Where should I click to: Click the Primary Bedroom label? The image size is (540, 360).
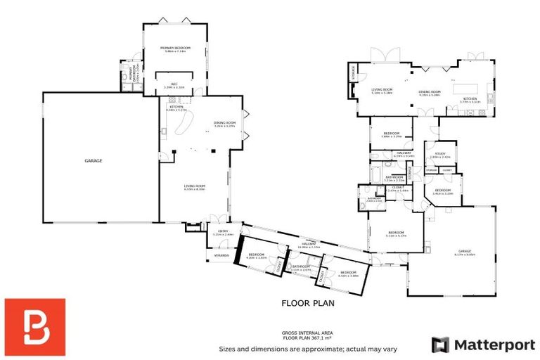(x=175, y=48)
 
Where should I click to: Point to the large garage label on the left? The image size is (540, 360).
(x=94, y=161)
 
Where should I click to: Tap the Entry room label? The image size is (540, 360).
(x=223, y=233)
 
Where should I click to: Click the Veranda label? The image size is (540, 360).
(x=222, y=255)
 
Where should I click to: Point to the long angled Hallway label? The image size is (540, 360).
(x=309, y=245)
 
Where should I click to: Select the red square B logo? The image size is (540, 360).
(x=34, y=327)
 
